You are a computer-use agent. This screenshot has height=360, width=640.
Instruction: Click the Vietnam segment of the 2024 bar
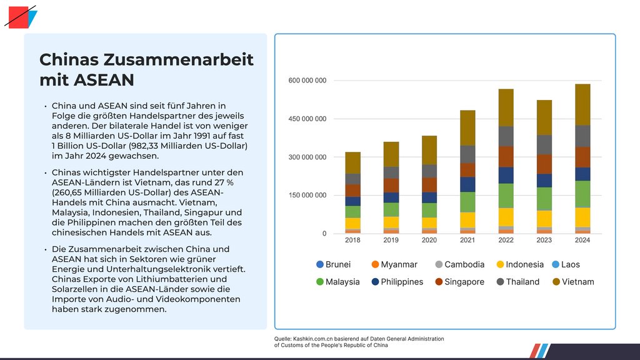[582, 104]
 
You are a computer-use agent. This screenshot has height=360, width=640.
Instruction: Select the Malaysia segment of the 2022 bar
[506, 196]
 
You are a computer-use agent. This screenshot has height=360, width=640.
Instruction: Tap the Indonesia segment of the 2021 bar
[467, 220]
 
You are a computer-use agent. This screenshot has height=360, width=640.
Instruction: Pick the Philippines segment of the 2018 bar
[352, 201]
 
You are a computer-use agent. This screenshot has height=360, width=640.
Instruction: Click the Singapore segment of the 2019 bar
[391, 185]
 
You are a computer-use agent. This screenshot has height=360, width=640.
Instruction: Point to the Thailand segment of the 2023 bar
[544, 144]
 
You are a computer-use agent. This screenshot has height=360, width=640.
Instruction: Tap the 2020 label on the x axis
[429, 240]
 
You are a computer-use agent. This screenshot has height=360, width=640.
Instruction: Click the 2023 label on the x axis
[544, 240]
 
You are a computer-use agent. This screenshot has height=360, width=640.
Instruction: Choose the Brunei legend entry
[333, 264]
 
